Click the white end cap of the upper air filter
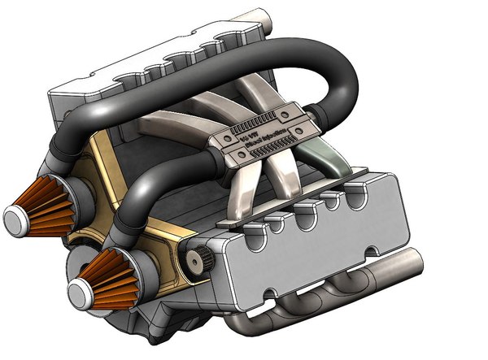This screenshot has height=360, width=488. tap(15, 218)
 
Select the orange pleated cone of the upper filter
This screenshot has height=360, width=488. tap(41, 208)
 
